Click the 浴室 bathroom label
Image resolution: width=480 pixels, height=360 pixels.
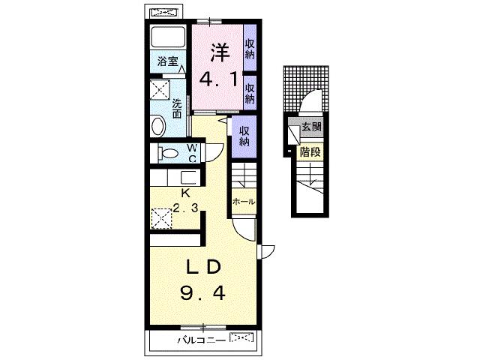tap(167, 61)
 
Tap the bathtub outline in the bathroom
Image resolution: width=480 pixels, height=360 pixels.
tap(168, 37)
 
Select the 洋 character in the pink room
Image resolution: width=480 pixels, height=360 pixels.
tap(220, 52)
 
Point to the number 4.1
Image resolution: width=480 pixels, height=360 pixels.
tap(218, 79)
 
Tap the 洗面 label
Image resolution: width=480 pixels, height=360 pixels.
tap(177, 108)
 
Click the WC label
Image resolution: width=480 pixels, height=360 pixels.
tap(192, 153)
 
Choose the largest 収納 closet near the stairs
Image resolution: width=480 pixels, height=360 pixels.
tap(244, 136)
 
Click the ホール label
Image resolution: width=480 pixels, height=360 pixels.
tap(244, 202)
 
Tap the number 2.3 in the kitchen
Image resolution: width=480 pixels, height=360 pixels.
tap(185, 208)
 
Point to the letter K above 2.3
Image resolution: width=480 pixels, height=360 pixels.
tap(185, 193)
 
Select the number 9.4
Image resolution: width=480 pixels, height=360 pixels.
tap(203, 292)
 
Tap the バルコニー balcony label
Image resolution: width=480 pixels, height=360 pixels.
tap(202, 340)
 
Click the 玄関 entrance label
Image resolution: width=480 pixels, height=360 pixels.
tap(312, 127)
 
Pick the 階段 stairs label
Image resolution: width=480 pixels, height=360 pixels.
tap(310, 151)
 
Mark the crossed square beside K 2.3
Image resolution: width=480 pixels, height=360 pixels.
tap(162, 218)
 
